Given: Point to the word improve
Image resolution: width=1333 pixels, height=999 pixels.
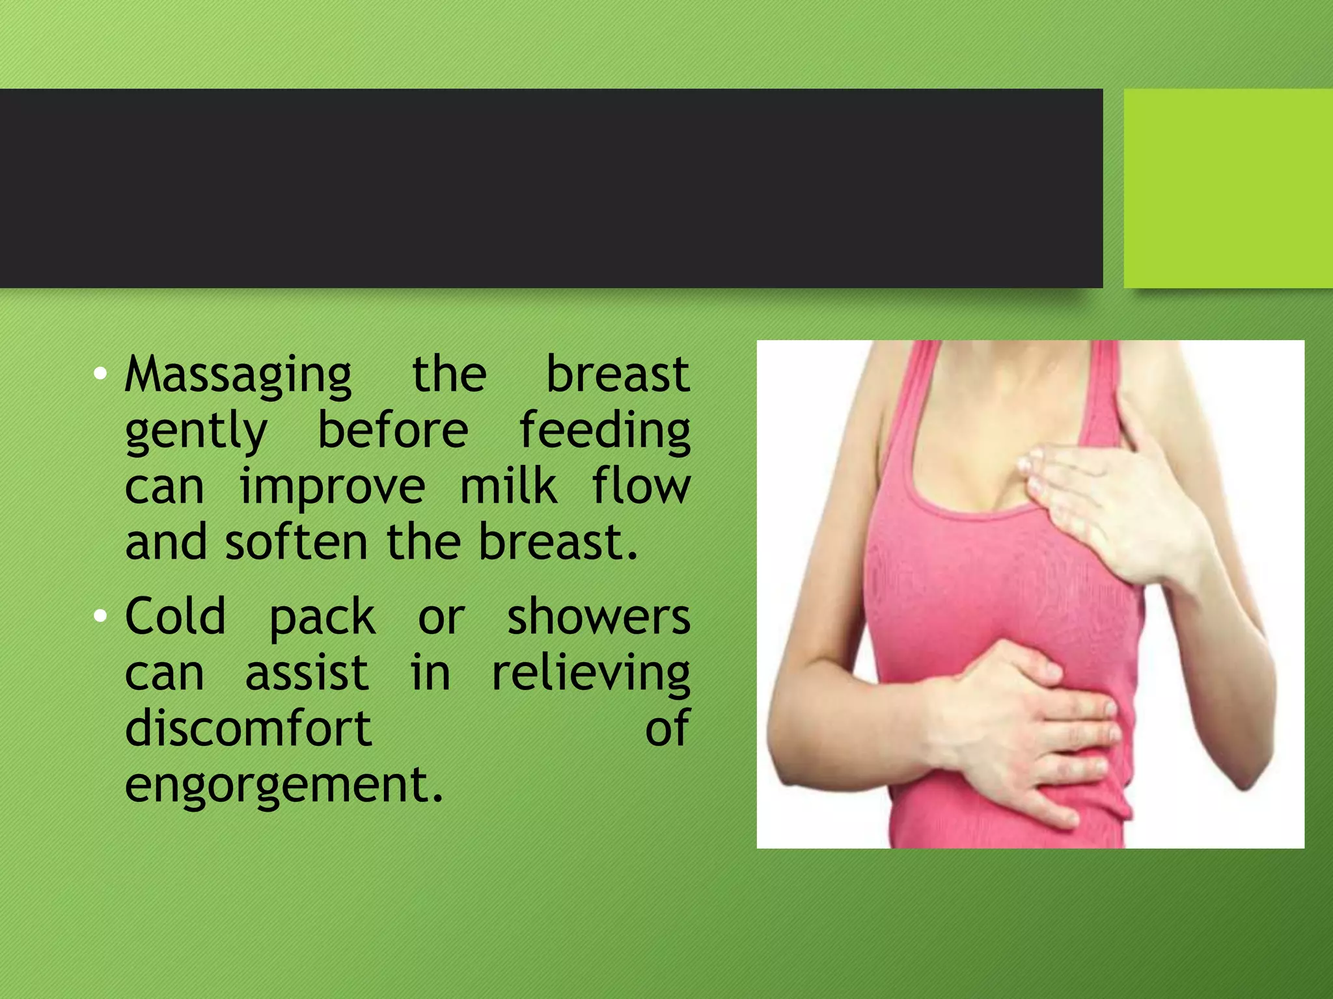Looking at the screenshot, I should point(332,488).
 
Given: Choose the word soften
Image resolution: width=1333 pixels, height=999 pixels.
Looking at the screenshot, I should point(296,542).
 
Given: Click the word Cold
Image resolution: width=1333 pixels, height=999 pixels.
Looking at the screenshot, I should point(175,617).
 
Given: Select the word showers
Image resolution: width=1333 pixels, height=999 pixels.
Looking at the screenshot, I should point(598,617).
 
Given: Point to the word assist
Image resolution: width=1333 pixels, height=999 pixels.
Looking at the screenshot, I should point(307,673).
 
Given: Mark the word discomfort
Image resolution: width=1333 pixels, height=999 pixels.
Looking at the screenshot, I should point(248,728).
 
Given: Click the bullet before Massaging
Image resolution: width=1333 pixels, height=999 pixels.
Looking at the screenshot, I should point(100,373).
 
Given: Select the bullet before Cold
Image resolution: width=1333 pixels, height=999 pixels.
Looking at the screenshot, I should point(100,616).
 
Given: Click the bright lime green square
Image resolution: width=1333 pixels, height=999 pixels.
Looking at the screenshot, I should point(1228,188).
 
